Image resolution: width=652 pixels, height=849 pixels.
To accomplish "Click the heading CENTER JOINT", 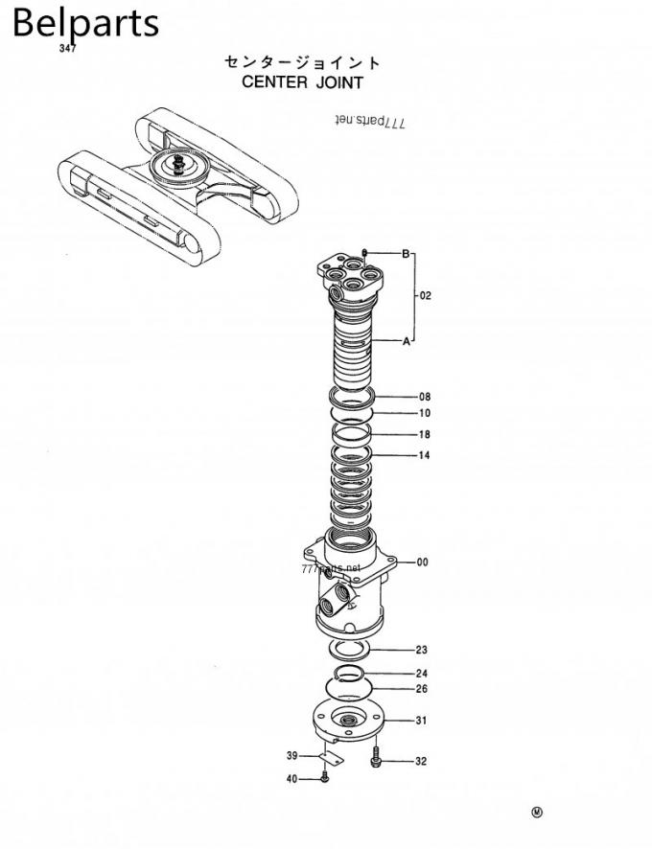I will (x=302, y=82).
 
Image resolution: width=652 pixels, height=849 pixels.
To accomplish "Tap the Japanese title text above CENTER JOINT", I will (x=302, y=62).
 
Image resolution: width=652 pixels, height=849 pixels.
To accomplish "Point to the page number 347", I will (x=67, y=49).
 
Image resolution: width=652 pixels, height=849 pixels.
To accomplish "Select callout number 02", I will (x=425, y=295).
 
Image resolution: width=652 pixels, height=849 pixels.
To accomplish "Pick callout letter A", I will (x=406, y=341).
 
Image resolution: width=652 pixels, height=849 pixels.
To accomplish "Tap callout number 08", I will (x=424, y=396).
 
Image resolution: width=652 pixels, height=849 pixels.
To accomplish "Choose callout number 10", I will (x=424, y=414).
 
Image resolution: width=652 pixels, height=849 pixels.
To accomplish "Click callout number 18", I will (x=424, y=435).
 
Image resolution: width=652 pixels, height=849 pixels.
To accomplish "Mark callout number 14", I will (x=424, y=455).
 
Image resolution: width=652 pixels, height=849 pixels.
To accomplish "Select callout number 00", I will (x=422, y=562).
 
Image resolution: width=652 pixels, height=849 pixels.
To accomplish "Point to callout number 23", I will (x=421, y=650).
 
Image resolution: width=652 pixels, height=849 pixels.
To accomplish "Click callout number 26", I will (x=421, y=689).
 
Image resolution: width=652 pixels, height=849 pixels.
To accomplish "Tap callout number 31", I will (x=421, y=720).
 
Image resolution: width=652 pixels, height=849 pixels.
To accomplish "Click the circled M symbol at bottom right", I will (x=536, y=814).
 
